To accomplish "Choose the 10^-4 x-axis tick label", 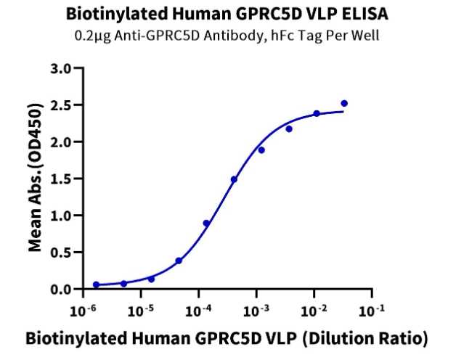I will pos(198,310).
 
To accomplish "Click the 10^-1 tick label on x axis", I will pos(371,310).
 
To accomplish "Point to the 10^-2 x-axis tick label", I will pos(314,310).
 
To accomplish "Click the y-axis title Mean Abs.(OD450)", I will pos(35,178).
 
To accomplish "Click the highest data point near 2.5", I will pos(344,104).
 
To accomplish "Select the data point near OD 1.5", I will pos(234,179).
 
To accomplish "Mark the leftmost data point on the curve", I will pos(96,285).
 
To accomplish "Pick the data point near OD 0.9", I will pos(206,224).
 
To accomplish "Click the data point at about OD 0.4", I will pos(179,261).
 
